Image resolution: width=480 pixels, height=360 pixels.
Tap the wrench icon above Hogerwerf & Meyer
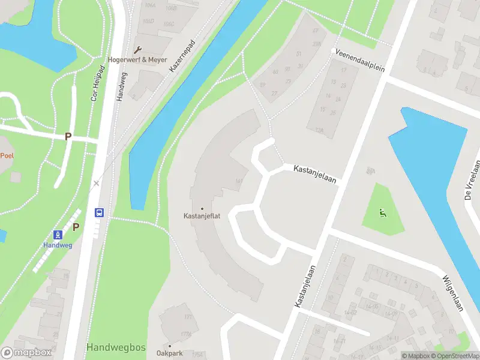pos(138,50)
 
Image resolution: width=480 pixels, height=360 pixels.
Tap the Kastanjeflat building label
pos(202,216)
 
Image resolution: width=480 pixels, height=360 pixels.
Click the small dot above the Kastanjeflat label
pos(202,208)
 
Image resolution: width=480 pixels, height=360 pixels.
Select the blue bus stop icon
pos(99,212)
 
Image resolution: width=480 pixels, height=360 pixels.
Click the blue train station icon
pos(58,235)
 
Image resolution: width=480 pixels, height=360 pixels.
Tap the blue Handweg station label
pos(58,245)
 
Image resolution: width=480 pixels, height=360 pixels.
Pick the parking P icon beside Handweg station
pos(76,227)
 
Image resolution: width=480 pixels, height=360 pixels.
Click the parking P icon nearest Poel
pos(68,137)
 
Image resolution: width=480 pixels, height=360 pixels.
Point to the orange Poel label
pos(7,155)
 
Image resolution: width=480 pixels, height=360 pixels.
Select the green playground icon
pos(382,212)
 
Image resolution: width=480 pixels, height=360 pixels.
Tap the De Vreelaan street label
pos(472,179)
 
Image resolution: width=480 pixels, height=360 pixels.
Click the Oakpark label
pos(170,353)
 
